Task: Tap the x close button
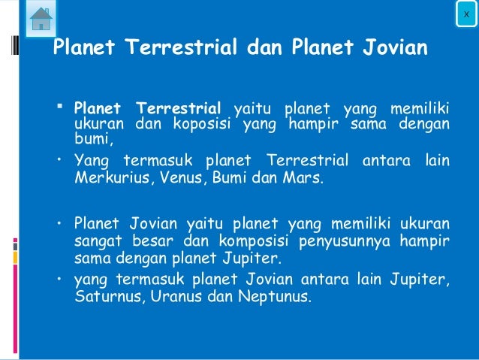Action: [x=466, y=14]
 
